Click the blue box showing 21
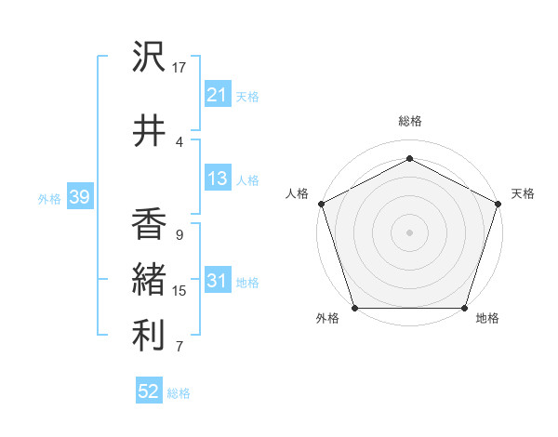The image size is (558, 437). (217, 95)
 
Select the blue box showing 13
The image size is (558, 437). (217, 179)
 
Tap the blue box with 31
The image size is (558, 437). (217, 281)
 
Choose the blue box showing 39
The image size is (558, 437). (79, 197)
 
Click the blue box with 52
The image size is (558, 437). (149, 391)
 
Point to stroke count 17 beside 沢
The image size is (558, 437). (179, 68)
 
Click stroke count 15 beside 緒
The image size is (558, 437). (179, 291)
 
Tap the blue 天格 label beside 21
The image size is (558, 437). (247, 96)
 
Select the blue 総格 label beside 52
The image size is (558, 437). (179, 392)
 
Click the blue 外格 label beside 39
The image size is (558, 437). (49, 198)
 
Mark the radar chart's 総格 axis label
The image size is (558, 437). (409, 121)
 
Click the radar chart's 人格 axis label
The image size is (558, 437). (297, 193)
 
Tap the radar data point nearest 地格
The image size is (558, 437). (464, 308)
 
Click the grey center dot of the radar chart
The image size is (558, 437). (409, 232)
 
